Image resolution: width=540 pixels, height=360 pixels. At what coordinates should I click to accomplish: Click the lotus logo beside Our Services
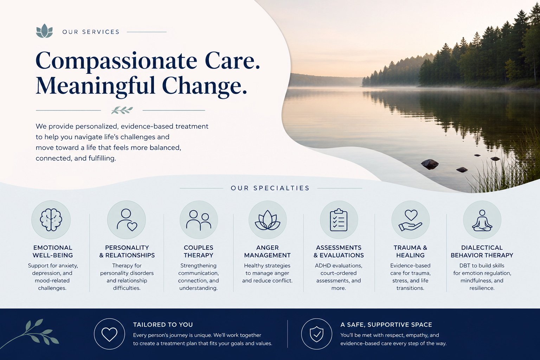(x=44, y=31)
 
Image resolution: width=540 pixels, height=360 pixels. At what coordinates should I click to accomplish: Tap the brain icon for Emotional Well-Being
(x=51, y=220)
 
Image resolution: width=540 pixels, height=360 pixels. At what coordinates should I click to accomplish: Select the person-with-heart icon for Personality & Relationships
(x=127, y=220)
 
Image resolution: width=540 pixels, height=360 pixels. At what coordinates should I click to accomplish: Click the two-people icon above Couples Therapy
(x=199, y=220)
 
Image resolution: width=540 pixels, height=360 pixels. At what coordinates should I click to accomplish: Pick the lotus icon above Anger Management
(x=268, y=220)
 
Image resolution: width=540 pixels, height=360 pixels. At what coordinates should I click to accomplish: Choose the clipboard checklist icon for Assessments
(x=339, y=220)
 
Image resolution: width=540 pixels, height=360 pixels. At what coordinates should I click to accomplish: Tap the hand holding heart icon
(x=410, y=220)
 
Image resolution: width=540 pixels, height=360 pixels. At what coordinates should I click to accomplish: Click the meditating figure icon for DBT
(x=482, y=220)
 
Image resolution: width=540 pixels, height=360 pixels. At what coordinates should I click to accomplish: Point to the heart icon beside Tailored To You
(x=109, y=334)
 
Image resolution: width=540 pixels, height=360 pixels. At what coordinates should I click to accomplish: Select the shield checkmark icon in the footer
(x=316, y=334)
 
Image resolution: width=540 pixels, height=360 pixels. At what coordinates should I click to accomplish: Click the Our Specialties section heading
(x=270, y=188)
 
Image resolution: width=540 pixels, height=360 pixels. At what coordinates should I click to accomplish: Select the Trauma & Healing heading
(x=410, y=251)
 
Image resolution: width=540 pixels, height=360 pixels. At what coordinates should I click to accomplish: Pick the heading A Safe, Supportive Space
(x=386, y=324)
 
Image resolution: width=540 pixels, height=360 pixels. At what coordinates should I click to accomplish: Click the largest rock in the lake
(x=430, y=163)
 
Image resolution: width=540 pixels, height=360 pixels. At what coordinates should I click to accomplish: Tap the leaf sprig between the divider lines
(x=122, y=110)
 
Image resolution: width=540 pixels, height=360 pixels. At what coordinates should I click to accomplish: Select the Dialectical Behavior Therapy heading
(x=482, y=251)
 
